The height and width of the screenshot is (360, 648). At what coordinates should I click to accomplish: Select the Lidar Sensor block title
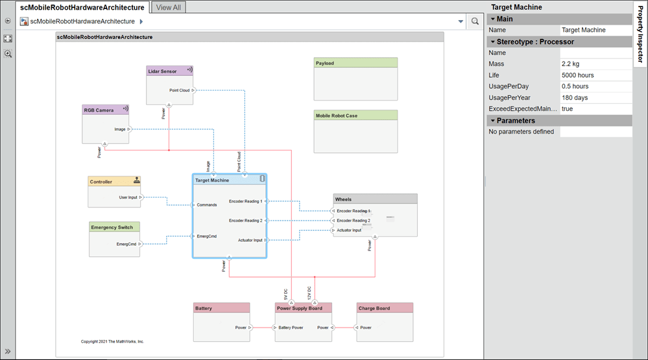(x=163, y=71)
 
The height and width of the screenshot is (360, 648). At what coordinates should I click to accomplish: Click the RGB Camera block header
(x=99, y=110)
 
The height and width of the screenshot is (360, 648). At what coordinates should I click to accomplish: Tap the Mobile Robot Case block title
(x=336, y=115)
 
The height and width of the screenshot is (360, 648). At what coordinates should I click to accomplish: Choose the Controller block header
(x=101, y=182)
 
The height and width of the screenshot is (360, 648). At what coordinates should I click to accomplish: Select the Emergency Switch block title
(x=112, y=227)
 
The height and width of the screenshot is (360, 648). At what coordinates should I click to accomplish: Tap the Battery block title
(x=204, y=308)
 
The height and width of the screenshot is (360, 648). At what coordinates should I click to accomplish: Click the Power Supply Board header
(x=298, y=308)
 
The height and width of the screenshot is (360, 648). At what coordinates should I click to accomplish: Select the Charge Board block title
(x=374, y=308)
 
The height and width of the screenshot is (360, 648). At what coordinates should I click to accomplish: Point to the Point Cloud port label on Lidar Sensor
(x=179, y=90)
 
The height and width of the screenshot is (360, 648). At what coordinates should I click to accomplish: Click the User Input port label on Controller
(x=128, y=197)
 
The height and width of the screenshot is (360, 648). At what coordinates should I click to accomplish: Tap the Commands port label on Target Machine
(x=206, y=205)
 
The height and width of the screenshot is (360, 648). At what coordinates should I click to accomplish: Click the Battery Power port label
(x=291, y=328)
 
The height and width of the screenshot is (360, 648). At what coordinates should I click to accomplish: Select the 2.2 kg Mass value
(x=571, y=64)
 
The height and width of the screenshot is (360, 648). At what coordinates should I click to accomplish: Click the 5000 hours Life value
(x=577, y=75)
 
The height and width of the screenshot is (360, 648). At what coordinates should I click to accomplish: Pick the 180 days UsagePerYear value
(x=574, y=97)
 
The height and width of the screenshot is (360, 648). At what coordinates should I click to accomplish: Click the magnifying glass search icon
(x=475, y=21)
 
